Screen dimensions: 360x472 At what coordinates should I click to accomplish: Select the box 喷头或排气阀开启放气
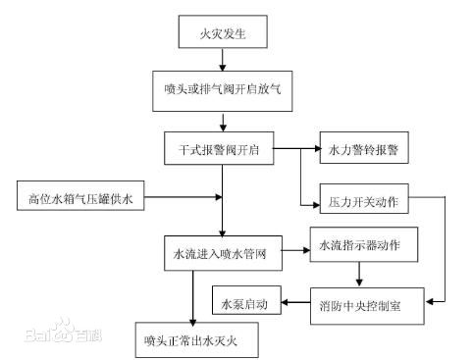coord(223,89)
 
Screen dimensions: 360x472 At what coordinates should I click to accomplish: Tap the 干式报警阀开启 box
coord(218,149)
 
